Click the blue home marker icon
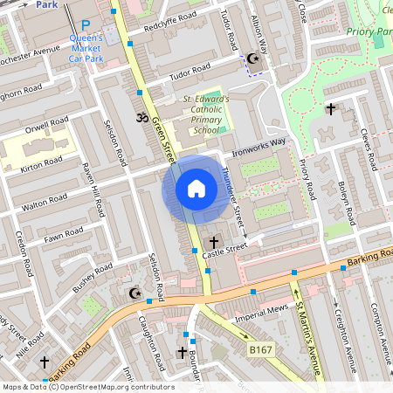click(x=196, y=189)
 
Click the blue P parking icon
click(x=85, y=26)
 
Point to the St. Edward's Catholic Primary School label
click(x=206, y=114)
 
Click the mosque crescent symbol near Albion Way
click(x=253, y=59)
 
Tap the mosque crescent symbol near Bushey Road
click(x=134, y=293)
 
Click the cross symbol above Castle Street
click(x=213, y=240)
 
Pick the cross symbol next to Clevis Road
click(x=330, y=109)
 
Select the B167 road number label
click(x=259, y=348)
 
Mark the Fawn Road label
click(x=64, y=234)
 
